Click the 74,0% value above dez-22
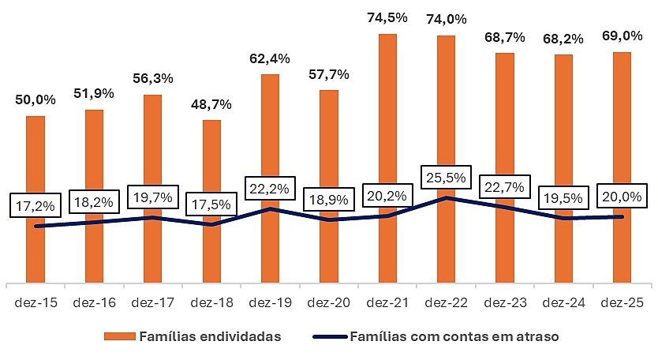coord(446,19)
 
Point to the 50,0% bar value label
coord(36,99)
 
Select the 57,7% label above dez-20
coord(328,73)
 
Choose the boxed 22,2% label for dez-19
coord(270,189)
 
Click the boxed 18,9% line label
coord(328,200)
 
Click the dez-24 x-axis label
coord(563,302)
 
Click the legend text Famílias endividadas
coord(210,336)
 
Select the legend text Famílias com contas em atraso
coord(454,336)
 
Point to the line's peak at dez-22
coord(447,197)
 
